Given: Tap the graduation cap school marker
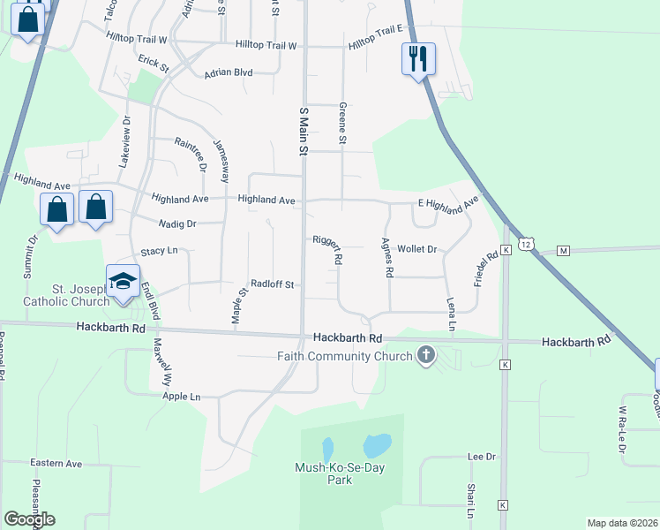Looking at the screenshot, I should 124,282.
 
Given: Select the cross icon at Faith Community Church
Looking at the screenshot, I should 426,356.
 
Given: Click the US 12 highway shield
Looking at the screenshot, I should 525,243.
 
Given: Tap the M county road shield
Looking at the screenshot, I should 563,251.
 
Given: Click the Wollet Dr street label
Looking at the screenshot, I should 416,249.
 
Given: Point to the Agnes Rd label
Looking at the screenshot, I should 386,258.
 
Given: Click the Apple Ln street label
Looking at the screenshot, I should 182,397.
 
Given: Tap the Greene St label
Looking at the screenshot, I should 342,123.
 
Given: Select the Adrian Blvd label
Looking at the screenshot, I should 229,73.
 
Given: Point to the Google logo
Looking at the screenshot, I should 29,519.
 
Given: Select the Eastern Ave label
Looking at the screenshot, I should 56,463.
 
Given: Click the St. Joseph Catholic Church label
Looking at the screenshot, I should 78,295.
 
